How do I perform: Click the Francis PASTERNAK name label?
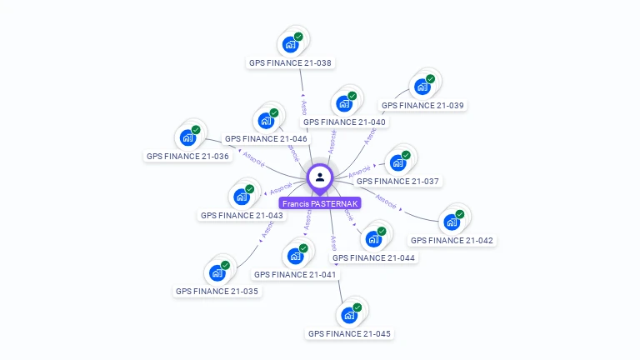coord(320,203)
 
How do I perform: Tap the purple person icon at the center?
coord(320,177)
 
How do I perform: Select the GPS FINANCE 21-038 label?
coord(290,62)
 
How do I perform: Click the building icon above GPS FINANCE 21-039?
coord(422,86)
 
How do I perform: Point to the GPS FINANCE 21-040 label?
coord(344,122)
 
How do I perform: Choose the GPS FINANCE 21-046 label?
coord(266,138)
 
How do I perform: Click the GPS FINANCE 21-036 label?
coord(187,156)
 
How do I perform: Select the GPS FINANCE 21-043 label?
coord(242,215)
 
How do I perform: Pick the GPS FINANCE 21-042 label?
coord(452,240)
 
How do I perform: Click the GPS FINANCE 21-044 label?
coord(373,257)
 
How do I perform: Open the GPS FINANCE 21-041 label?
coord(295,274)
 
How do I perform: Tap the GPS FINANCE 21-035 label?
coord(217,292)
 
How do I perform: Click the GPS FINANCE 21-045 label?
coord(349,333)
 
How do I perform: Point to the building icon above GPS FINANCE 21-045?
coord(349,315)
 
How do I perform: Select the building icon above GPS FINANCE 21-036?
coord(187,137)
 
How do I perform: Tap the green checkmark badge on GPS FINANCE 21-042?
coord(460,214)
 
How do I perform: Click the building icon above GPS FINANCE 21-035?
coord(217,273)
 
